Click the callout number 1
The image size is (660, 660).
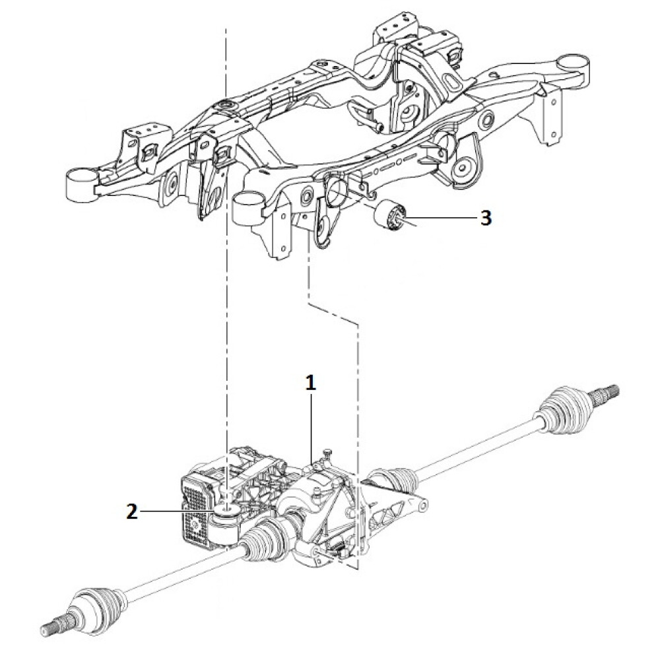coord(311,383)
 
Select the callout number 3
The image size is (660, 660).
coord(485,218)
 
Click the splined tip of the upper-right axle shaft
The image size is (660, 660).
coord(608,390)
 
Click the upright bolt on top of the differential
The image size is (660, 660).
coord(325,455)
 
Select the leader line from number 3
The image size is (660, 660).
coord(442,218)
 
